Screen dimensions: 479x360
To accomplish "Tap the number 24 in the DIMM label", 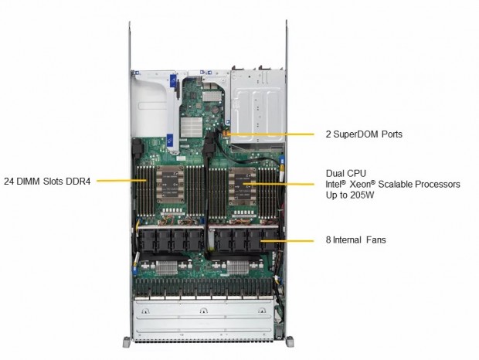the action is coord(8,182).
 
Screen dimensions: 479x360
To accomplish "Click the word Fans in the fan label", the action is coord(376,240).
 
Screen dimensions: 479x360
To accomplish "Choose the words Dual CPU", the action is coord(346,174).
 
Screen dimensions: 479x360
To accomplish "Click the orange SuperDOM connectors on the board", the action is coord(226,134).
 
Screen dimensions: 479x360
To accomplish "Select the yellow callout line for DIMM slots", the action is coord(121,181).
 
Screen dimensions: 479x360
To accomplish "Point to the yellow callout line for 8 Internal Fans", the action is coord(287,240).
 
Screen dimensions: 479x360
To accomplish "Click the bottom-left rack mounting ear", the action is coord(127,341).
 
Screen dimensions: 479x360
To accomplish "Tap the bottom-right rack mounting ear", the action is coord(290,341).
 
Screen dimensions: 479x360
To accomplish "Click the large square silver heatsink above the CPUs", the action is coord(192,127).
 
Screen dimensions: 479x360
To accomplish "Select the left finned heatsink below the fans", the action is coord(166,268).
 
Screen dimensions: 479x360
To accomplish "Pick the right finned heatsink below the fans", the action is coord(238,268).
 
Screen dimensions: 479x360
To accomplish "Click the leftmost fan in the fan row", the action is coord(147,240).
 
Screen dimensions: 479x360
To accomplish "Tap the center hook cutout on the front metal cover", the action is coord(203,311).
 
